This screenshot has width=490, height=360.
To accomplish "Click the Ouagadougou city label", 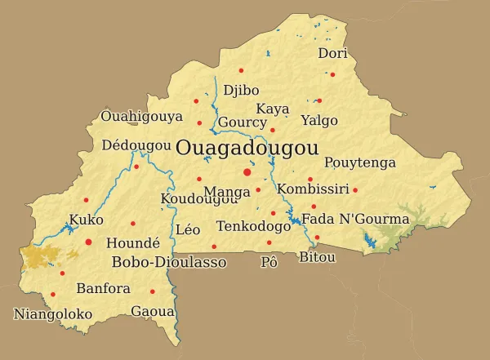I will (x=247, y=149).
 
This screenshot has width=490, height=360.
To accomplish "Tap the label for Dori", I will (x=332, y=54).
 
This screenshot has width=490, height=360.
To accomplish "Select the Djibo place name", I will (x=241, y=90).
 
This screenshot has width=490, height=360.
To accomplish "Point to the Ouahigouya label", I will (x=141, y=117).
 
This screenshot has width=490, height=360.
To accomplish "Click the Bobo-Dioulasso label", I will (x=168, y=262).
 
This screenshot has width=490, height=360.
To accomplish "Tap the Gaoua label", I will (x=153, y=312).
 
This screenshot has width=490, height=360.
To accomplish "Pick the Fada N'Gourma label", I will (x=355, y=219).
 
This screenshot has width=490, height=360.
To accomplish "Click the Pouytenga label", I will (x=360, y=163).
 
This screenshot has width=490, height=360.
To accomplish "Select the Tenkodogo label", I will (x=254, y=226).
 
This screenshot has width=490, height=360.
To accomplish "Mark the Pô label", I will (x=269, y=262).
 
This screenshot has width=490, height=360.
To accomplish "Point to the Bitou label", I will (x=318, y=257).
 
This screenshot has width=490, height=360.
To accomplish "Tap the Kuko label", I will (x=86, y=220).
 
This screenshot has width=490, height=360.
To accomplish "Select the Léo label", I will (x=188, y=230).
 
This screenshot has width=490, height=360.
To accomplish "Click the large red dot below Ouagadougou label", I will (x=247, y=172).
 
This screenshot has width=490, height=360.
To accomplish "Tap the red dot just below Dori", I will (x=332, y=74).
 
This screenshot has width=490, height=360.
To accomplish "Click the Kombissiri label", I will (x=313, y=189).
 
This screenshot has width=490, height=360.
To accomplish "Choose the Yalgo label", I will (x=318, y=120).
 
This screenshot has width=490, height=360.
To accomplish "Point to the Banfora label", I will (x=103, y=289).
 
